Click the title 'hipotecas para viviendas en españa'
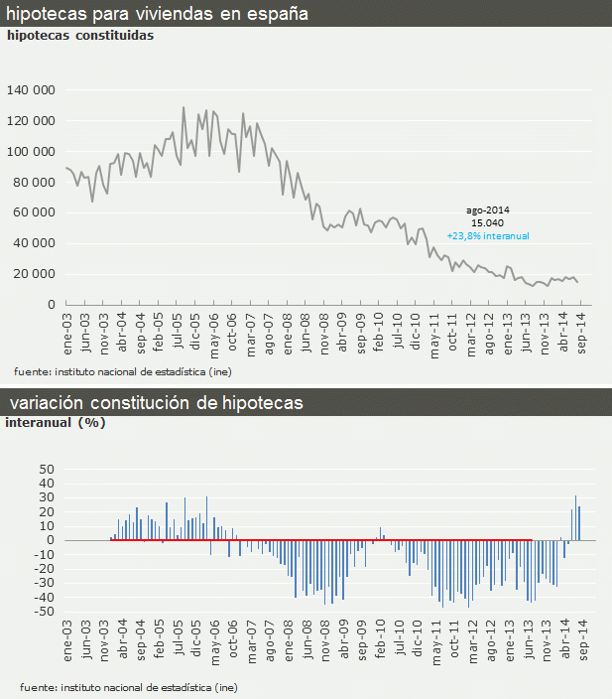point(157,14)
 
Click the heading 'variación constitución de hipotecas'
point(157,403)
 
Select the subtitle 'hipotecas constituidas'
point(80,35)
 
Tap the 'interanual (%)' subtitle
point(56,422)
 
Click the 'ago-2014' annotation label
point(487,210)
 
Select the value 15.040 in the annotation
point(487,223)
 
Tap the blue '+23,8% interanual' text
point(488,236)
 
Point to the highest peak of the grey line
point(184,107)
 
